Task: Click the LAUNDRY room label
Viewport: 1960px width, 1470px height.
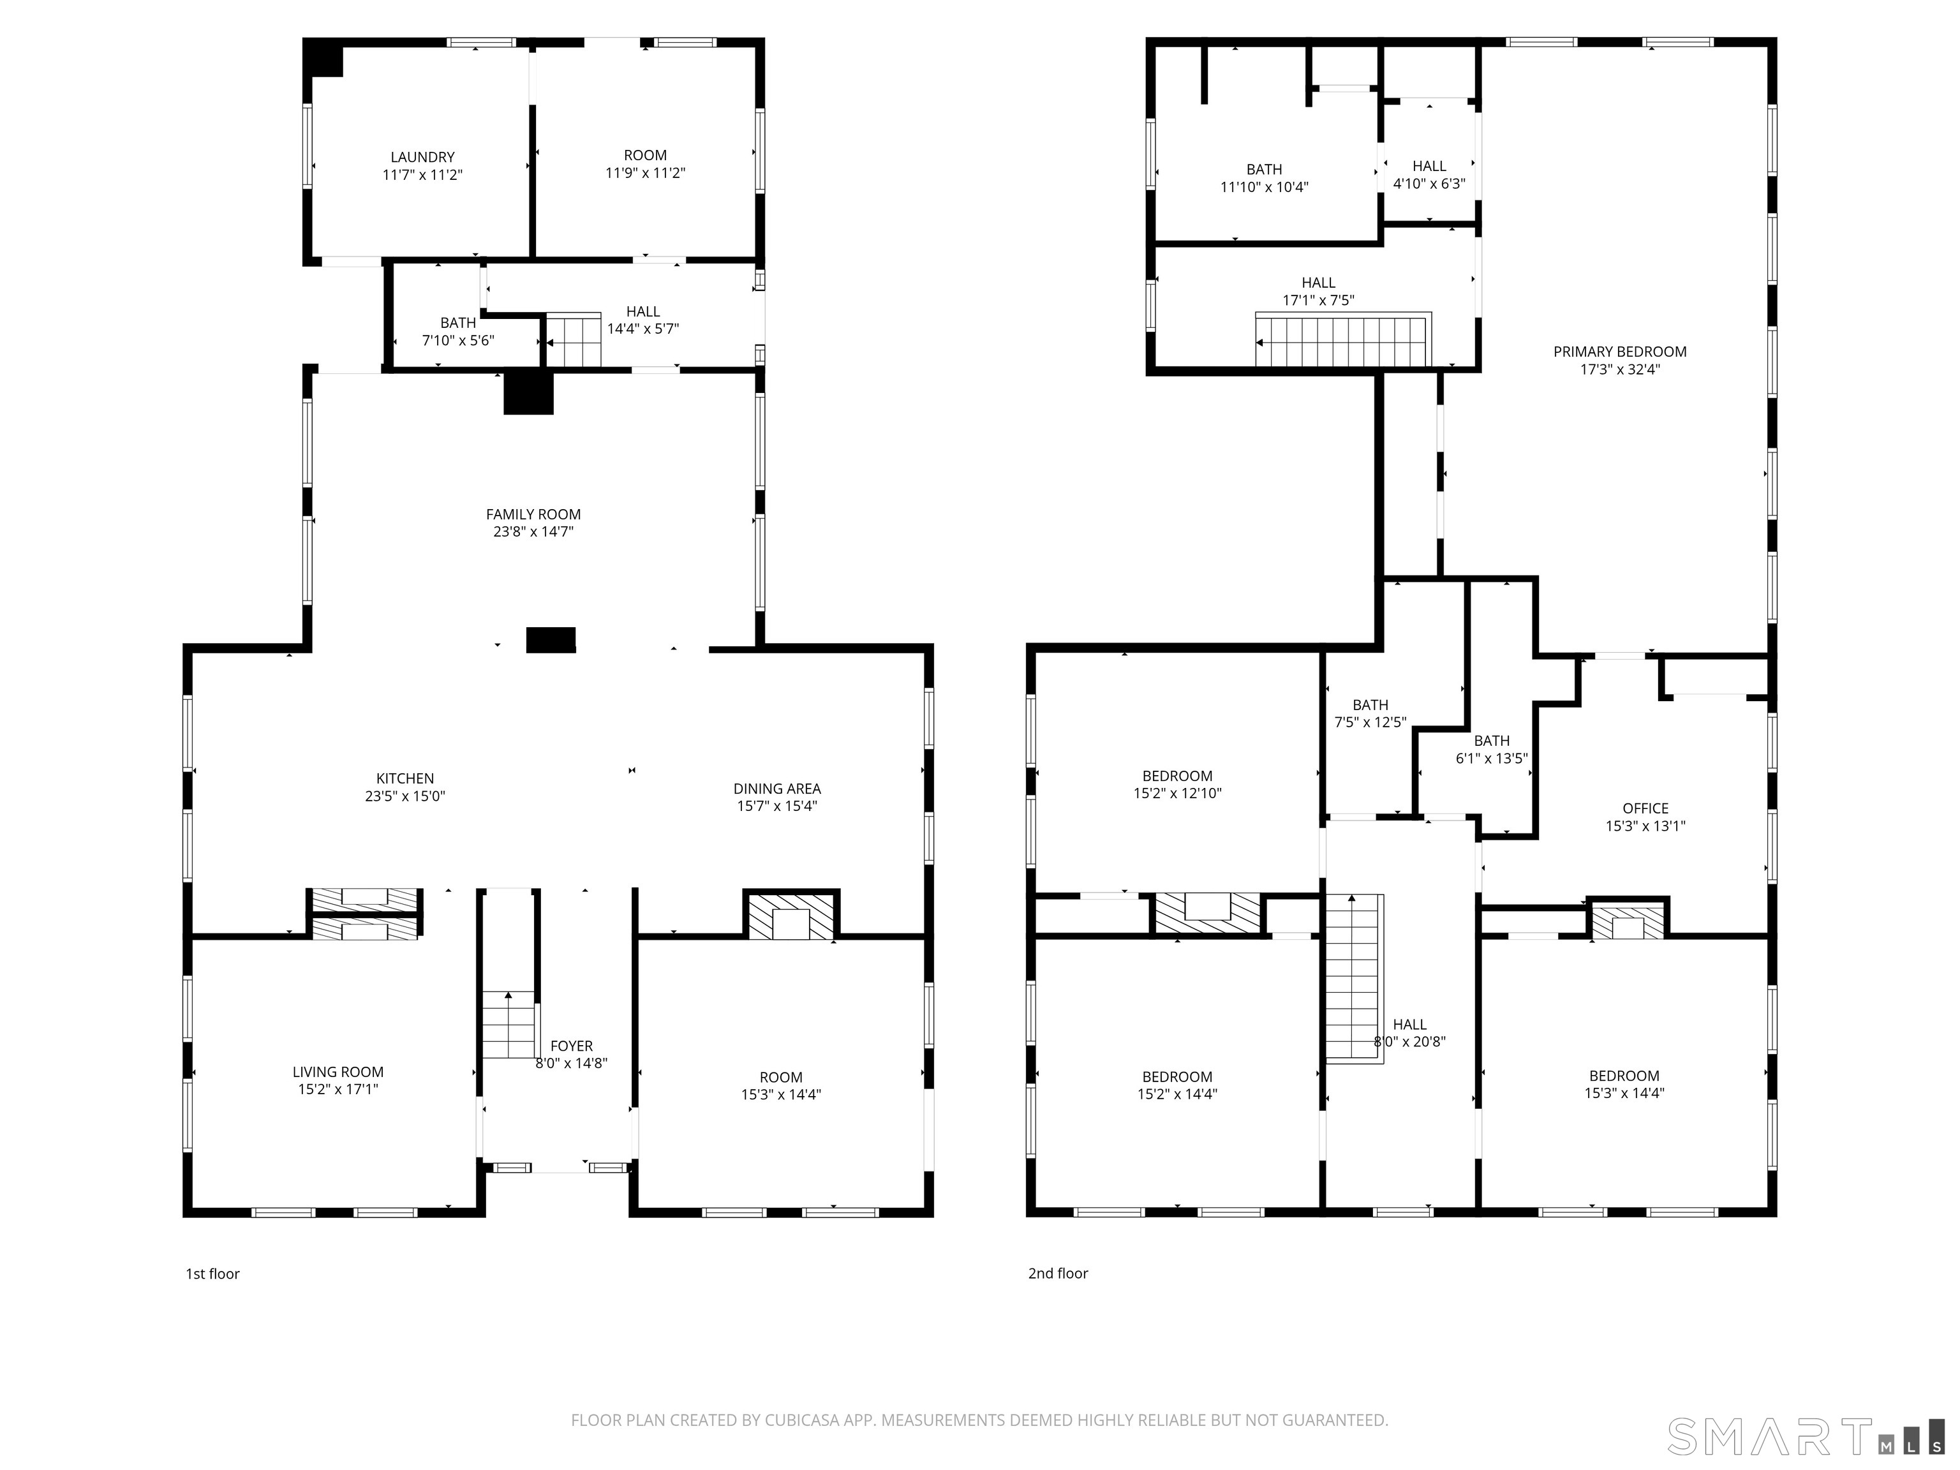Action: coord(422,158)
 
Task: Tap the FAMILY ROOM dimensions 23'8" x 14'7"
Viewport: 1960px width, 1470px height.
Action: coord(533,531)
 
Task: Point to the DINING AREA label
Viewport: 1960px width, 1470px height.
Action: coord(776,789)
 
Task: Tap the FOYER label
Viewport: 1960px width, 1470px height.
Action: coord(572,1046)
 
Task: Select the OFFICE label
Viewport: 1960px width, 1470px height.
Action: coord(1645,808)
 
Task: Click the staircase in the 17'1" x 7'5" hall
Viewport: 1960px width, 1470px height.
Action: coord(1343,341)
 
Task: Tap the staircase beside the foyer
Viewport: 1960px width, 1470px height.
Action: coord(509,1025)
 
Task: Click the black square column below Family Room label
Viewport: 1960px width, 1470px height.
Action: coord(550,640)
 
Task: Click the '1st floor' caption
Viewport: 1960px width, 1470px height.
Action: coord(212,1273)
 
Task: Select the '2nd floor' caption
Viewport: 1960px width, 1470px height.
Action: coord(1057,1273)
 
